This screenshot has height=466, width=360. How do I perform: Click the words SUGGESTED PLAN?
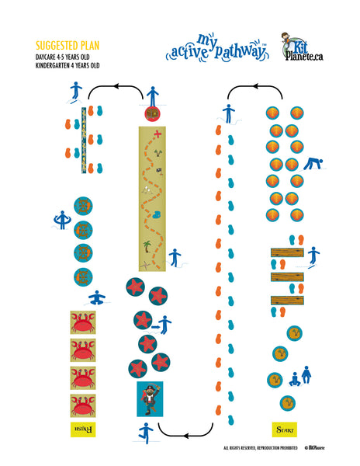tap(67, 45)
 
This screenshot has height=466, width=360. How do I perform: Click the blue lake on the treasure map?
tap(157, 214)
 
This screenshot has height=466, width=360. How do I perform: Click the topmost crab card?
tap(83, 322)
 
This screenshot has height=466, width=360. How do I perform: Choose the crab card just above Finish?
tap(83, 405)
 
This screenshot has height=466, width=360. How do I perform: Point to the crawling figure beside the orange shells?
tap(312, 164)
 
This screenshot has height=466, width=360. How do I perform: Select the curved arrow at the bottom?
tap(185, 431)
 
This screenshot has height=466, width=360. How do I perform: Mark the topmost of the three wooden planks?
tap(286, 252)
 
